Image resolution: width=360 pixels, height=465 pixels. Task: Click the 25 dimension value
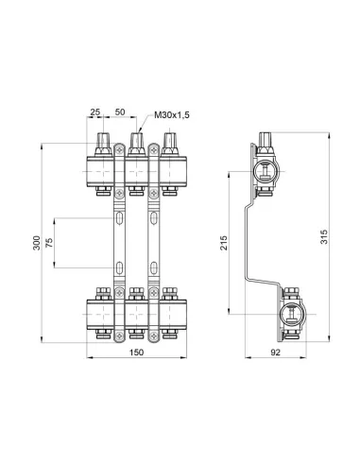point(94,112)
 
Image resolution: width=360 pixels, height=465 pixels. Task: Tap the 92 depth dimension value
point(274,353)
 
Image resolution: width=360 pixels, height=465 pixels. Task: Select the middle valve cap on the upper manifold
point(136,145)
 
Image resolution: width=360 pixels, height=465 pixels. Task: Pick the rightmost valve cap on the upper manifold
point(169,145)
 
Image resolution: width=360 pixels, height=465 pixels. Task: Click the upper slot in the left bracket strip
point(121,217)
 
